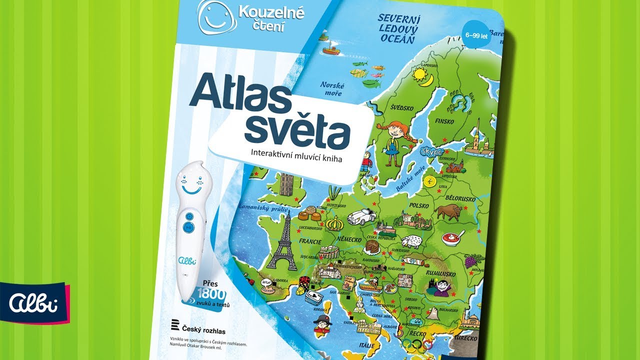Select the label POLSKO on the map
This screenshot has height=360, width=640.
[x=420, y=205]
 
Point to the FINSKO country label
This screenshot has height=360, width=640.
[x=444, y=121]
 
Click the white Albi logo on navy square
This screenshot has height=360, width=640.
[x=34, y=302]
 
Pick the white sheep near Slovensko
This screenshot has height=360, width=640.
[x=413, y=241]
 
